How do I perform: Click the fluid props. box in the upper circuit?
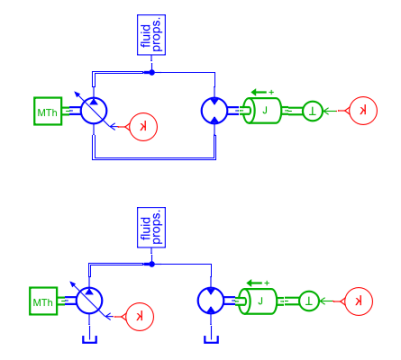pyautogui.click(x=152, y=35)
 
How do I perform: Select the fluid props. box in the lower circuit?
pyautogui.click(x=152, y=227)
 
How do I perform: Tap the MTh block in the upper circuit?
pyautogui.click(x=48, y=111)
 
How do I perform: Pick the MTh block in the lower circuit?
pyautogui.click(x=43, y=301)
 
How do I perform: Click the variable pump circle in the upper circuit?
pyautogui.click(x=94, y=110)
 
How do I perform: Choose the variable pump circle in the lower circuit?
pyautogui.click(x=89, y=301)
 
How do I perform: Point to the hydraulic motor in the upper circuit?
pyautogui.click(x=214, y=110)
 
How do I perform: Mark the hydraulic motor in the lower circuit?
pyautogui.click(x=210, y=301)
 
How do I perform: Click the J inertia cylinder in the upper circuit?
pyautogui.click(x=262, y=110)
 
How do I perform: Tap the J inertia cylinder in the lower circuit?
pyautogui.click(x=258, y=301)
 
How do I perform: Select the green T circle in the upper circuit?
pyautogui.click(x=313, y=111)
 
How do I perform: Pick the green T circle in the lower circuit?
pyautogui.click(x=309, y=301)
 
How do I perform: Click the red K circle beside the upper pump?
pyautogui.click(x=143, y=127)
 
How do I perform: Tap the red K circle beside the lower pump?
pyautogui.click(x=139, y=317)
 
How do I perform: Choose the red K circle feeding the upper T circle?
pyautogui.click(x=363, y=111)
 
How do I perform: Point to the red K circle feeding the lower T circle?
pyautogui.click(x=358, y=301)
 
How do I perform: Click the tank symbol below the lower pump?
pyautogui.click(x=89, y=340)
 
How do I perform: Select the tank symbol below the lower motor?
pyautogui.click(x=211, y=340)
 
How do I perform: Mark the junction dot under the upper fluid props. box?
pyautogui.click(x=152, y=72)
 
